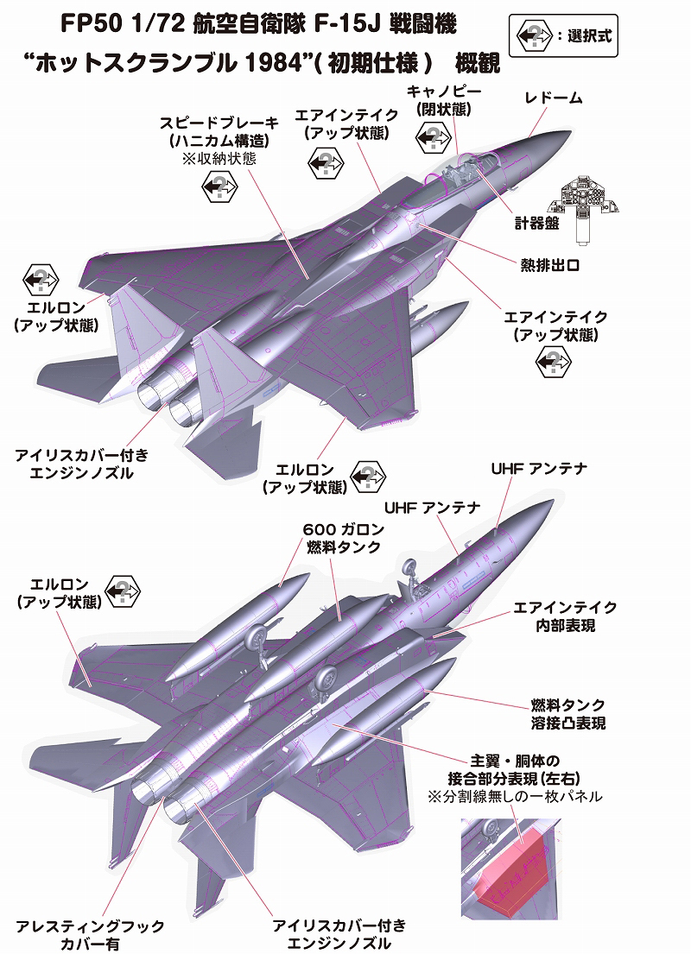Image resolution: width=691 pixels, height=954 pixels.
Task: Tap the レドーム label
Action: coord(554,99)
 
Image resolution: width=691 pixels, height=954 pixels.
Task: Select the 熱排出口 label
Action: coord(548,266)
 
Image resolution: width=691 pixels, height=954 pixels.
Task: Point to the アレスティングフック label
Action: coord(101,926)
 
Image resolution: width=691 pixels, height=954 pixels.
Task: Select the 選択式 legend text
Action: coord(585,36)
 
